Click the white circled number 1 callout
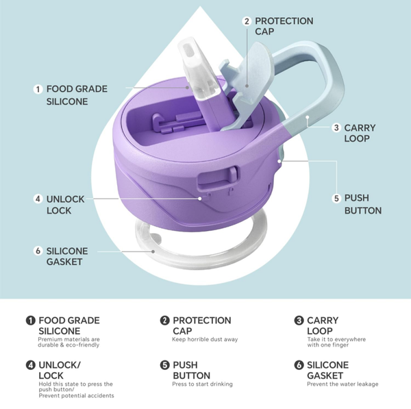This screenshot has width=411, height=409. point(38,89)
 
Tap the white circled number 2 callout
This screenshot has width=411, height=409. point(247,21)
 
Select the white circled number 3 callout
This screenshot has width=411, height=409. point(336,128)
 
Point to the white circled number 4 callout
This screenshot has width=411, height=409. point(38,199)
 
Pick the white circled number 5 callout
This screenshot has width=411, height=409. point(336,198)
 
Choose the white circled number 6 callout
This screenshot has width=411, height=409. point(38,251)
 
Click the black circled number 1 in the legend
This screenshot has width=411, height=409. point(30,321)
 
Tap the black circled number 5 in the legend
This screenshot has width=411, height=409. point(164,365)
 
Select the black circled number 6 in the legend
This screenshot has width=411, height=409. point(299,365)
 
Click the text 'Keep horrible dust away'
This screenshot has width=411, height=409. point(205,339)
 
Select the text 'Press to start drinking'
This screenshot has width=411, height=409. point(202,384)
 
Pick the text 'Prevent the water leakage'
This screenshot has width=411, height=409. point(342,384)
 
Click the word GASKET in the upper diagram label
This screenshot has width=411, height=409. point(64,262)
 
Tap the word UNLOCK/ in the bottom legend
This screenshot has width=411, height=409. point(60,365)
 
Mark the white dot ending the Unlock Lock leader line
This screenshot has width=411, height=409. point(200,199)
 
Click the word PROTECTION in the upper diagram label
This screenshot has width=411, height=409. point(284,21)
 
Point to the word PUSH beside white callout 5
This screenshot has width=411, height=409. point(356,198)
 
